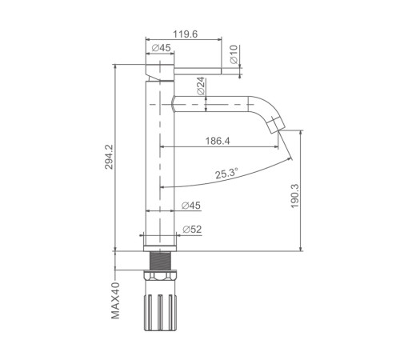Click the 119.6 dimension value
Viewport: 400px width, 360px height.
click(186, 34)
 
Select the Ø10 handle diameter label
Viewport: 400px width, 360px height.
click(234, 54)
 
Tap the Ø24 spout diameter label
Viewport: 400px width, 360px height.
click(201, 86)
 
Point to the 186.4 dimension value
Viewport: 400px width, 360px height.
click(218, 141)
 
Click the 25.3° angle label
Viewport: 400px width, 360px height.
click(226, 174)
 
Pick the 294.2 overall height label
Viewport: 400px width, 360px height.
click(109, 157)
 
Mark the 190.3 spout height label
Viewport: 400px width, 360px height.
click(295, 196)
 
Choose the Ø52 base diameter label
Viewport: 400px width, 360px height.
click(192, 229)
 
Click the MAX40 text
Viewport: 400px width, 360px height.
click(115, 301)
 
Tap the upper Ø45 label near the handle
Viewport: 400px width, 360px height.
click(161, 48)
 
